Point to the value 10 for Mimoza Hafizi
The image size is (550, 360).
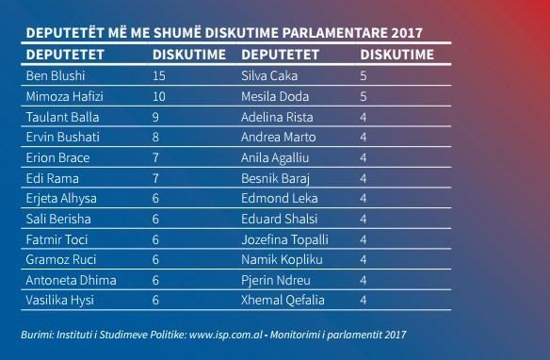tap(159, 96)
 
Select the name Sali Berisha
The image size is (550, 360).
tap(52, 217)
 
